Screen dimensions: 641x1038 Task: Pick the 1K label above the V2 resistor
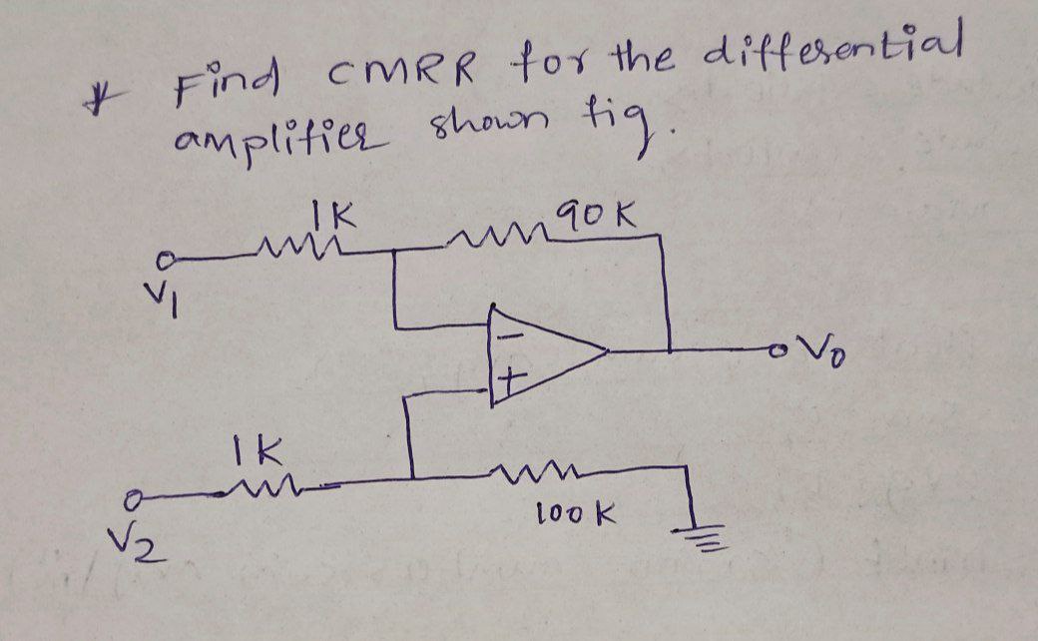[257, 450]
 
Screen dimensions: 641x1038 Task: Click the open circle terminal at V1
[173, 263]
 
